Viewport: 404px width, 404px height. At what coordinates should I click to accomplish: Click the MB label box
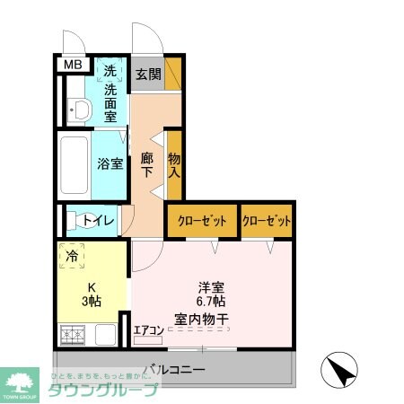[71, 65]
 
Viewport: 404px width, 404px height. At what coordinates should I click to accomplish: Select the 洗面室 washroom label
[110, 101]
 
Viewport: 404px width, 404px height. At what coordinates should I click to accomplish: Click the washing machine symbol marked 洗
[110, 71]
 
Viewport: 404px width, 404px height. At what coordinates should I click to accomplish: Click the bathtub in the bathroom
[74, 166]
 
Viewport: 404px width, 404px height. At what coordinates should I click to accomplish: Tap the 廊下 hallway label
[147, 164]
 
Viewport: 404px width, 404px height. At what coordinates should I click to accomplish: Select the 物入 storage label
[174, 164]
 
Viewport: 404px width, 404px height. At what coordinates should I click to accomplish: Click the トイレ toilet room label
[98, 220]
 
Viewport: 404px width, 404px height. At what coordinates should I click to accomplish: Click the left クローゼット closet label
[202, 220]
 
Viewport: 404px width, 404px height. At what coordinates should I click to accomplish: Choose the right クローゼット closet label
[267, 220]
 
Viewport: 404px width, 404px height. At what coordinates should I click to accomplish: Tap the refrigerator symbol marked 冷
[71, 256]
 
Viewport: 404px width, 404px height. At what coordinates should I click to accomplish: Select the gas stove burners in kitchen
[72, 336]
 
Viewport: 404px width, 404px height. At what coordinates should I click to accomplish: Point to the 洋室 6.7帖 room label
[212, 295]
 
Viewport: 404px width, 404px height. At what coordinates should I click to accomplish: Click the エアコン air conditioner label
[149, 329]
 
